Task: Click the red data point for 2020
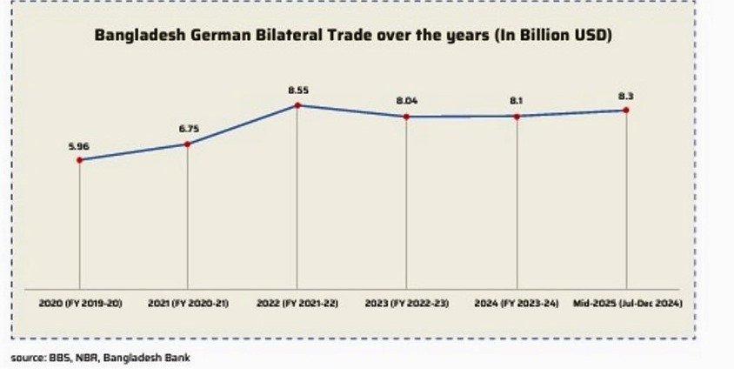tap(79, 159)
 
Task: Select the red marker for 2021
tap(188, 144)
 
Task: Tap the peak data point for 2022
tap(297, 105)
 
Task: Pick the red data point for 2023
tap(407, 116)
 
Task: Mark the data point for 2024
tap(517, 116)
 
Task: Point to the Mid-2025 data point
tap(625, 110)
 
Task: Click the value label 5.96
tap(79, 144)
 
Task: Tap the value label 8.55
tap(297, 90)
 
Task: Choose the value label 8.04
tap(407, 101)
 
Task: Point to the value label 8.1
tap(517, 101)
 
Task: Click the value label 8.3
tap(625, 95)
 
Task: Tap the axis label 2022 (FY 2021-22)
tap(297, 303)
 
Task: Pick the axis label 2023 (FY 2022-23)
tap(407, 303)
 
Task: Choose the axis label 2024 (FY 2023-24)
tap(517, 303)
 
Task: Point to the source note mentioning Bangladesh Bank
tap(100, 357)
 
